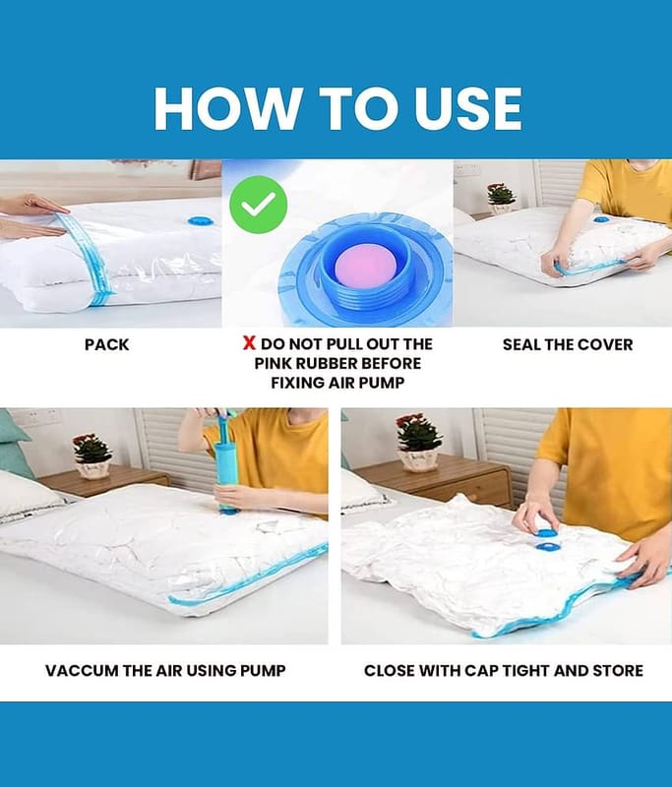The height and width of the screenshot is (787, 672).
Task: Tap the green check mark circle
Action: point(258,205)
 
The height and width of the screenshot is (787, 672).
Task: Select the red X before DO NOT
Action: point(249,343)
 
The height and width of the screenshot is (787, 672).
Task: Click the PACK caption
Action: point(106,345)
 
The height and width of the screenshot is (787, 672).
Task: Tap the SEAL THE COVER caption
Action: point(568,345)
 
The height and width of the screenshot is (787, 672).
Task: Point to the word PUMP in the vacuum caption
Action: point(263,671)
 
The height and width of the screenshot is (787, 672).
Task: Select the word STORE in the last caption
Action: point(618,671)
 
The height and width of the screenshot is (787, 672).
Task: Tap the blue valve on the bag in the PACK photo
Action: point(202,220)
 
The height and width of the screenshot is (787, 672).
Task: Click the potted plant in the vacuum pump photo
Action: point(92,455)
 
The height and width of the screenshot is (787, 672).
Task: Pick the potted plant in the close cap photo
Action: point(418,443)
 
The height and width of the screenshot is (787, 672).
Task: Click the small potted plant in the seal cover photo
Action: point(501,199)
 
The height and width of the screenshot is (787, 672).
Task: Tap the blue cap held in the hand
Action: point(543,527)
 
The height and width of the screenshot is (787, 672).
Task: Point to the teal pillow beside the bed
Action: point(13,442)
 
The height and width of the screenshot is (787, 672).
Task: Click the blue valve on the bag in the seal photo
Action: point(601,219)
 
